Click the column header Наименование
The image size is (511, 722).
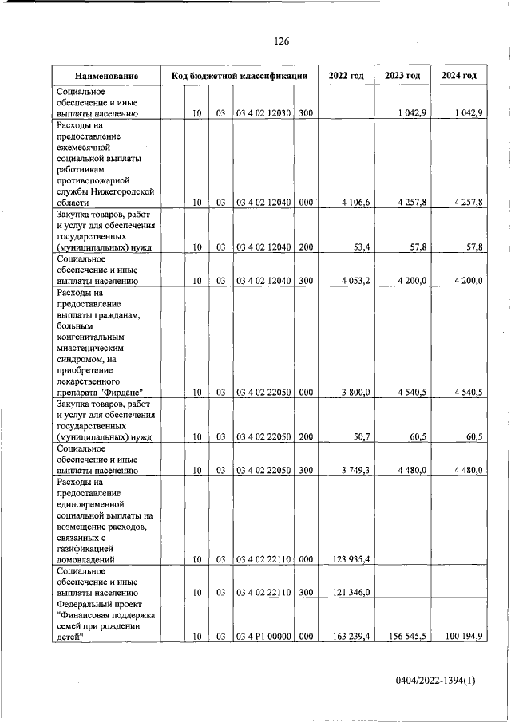pyautogui.click(x=107, y=76)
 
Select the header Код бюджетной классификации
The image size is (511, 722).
pyautogui.click(x=240, y=76)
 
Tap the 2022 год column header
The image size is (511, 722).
pyautogui.click(x=346, y=76)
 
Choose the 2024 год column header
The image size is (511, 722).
pyautogui.click(x=458, y=76)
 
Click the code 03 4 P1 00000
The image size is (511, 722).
pyautogui.click(x=263, y=637)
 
